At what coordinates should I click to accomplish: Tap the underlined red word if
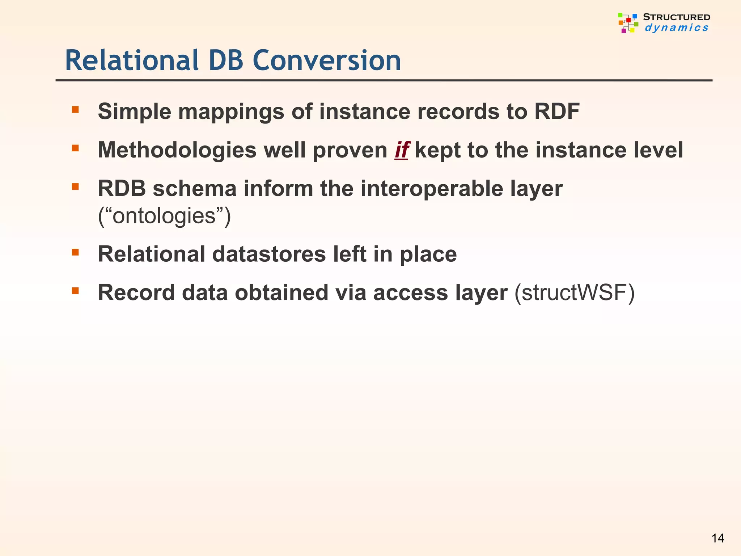tap(402, 150)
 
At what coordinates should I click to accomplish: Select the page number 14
tap(717, 538)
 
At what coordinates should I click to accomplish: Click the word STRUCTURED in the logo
tap(676, 17)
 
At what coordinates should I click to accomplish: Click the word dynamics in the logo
tap(676, 28)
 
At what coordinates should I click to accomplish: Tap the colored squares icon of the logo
tap(628, 23)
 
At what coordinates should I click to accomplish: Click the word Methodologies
tap(177, 150)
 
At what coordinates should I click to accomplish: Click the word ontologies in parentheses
tap(164, 216)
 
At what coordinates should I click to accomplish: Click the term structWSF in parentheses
tap(574, 292)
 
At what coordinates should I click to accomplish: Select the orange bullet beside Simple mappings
tap(75, 109)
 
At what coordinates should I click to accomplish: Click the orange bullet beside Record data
tap(75, 291)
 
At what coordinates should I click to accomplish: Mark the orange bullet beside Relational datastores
tap(75, 252)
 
